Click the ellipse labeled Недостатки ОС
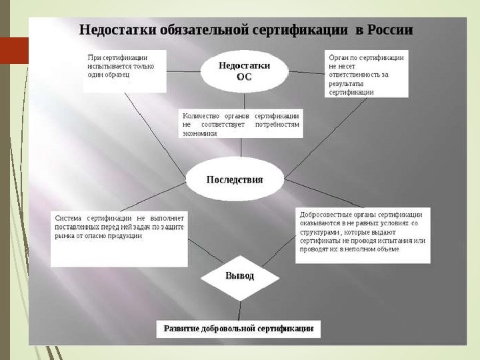tap(244, 71)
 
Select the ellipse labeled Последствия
tap(234, 179)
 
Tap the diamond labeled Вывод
tap(239, 275)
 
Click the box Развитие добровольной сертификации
tap(239, 329)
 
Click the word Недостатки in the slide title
tap(117, 30)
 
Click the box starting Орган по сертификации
tap(366, 75)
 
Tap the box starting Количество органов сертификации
tap(241, 124)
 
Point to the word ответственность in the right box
tap(355, 75)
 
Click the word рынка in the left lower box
tap(64, 236)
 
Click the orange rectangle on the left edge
tap(14, 50)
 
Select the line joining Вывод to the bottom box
tap(239, 307)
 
